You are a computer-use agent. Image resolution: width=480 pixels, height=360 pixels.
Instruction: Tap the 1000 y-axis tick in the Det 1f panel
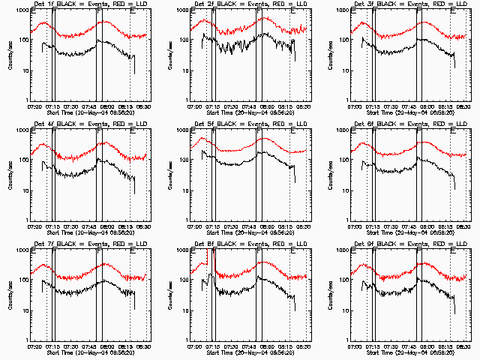pyautogui.click(x=22, y=10)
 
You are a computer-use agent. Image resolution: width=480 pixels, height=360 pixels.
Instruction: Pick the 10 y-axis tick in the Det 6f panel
pyautogui.click(x=343, y=190)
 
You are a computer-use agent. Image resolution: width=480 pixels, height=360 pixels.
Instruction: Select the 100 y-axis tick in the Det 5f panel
pyautogui.click(x=182, y=160)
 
